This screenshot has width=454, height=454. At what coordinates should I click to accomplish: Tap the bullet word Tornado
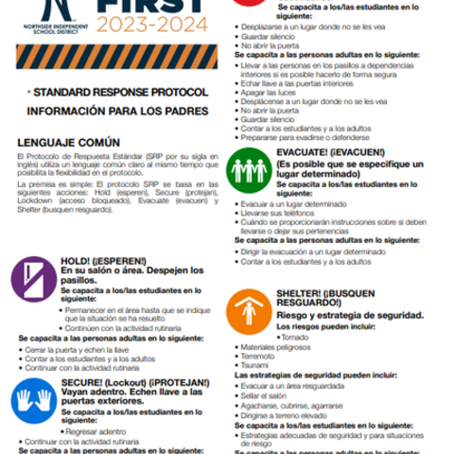[x=296, y=337]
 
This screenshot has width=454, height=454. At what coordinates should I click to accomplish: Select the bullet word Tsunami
[x=256, y=365]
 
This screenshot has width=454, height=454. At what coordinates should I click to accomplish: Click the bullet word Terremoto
[x=258, y=356]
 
